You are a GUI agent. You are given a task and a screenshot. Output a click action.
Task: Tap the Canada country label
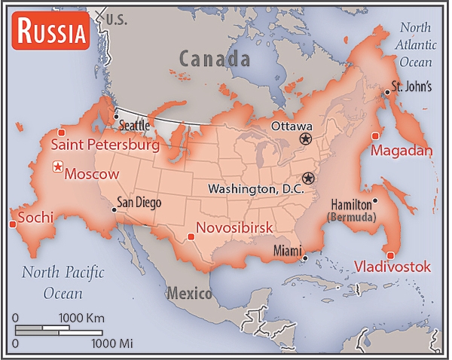214,58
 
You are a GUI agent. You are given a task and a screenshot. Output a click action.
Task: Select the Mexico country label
189,293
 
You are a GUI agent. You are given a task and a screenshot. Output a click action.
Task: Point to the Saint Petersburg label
105,145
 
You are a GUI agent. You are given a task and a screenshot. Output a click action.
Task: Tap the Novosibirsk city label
234,227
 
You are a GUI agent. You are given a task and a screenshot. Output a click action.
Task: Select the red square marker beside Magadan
375,136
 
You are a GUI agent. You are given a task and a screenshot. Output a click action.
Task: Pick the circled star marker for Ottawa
305,139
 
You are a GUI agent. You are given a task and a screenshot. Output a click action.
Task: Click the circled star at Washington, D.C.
307,178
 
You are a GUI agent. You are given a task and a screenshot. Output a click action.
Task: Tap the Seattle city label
136,125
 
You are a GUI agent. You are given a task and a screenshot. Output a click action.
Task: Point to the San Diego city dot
114,209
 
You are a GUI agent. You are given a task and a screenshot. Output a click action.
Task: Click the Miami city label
286,249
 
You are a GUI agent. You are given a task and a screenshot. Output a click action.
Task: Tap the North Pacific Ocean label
63,281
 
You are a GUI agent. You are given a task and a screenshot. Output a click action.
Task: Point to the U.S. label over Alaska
118,18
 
